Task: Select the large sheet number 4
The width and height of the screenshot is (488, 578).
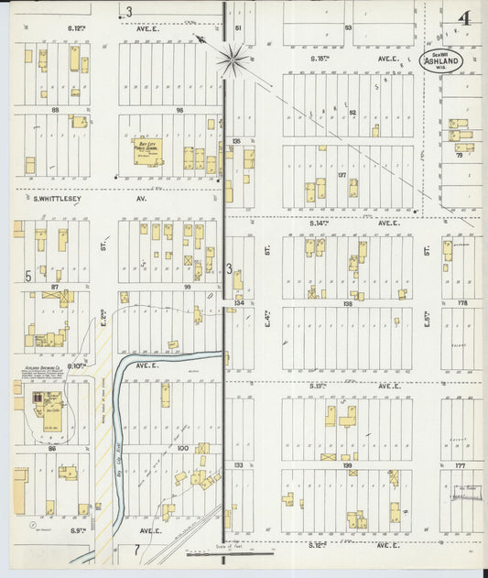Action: (465, 17)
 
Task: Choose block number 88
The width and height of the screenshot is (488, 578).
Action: (57, 110)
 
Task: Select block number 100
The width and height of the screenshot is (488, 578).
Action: (182, 448)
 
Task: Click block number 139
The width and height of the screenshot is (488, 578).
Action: (346, 465)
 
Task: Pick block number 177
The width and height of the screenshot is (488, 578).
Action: (461, 465)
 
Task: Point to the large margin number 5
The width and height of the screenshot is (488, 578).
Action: (29, 275)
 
